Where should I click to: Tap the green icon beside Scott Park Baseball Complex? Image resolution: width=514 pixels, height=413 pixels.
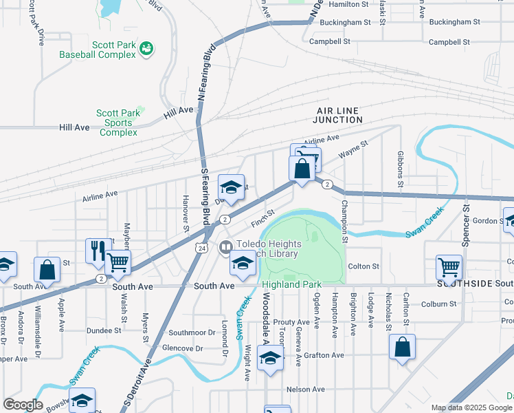pos(146,47)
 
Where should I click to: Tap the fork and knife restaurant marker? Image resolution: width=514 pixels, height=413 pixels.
pos(98,251)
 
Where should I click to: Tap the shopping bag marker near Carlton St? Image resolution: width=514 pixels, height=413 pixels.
pos(403,348)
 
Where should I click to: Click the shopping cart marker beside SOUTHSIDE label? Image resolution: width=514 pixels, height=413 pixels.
pos(449,267)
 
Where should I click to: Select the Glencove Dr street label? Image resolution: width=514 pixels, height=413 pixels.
pos(181,348)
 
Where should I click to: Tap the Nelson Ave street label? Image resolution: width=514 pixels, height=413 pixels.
pos(304,390)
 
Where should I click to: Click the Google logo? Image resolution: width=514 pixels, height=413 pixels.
pos(23,404)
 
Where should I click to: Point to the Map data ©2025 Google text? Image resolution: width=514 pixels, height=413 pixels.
pos(471,407)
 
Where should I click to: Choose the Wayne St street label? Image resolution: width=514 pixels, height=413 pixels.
pos(354,151)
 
